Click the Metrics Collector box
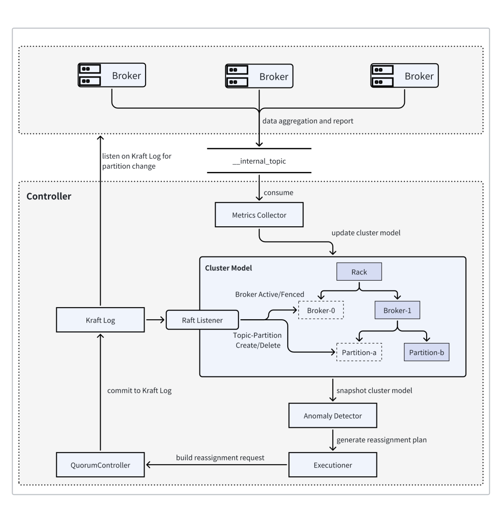click(x=259, y=215)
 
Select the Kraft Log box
click(x=100, y=320)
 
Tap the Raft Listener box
click(x=202, y=320)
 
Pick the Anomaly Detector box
click(x=332, y=415)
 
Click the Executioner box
click(x=332, y=465)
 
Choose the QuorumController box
click(x=100, y=465)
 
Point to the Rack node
click(x=359, y=271)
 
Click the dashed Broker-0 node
click(x=321, y=310)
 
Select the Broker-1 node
click(x=397, y=310)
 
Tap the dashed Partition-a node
click(x=359, y=352)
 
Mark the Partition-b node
click(x=427, y=352)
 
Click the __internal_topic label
click(x=259, y=161)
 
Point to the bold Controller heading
click(x=49, y=196)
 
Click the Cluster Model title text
click(x=228, y=268)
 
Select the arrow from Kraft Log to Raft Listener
click(x=155, y=320)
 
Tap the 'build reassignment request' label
click(x=220, y=458)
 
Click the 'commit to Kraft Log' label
click(x=139, y=390)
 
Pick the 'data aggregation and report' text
click(x=308, y=121)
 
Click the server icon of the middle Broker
click(x=237, y=76)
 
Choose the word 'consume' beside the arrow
click(x=278, y=192)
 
